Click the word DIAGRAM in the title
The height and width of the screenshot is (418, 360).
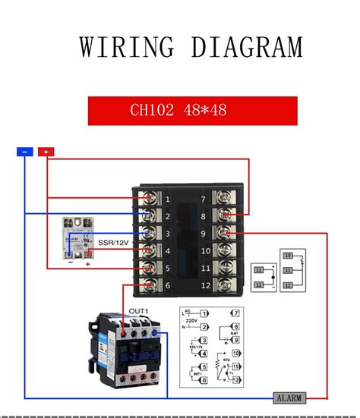tap(246, 47)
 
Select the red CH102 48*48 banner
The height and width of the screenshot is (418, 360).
tap(192, 111)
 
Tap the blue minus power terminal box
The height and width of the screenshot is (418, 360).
tap(25, 152)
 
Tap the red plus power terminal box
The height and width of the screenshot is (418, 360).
tap(46, 152)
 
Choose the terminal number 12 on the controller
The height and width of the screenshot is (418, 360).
tap(205, 285)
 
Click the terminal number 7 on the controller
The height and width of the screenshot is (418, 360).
tap(204, 200)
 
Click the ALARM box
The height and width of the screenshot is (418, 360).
tap(289, 398)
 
